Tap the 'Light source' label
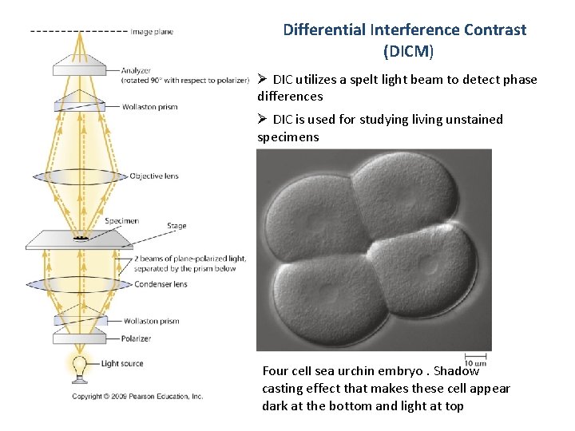122,364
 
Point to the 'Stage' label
176,226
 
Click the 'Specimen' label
121,221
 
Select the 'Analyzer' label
137,71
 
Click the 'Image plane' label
153,32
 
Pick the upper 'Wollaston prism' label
151,106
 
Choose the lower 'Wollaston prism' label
151,322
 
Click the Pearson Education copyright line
137,396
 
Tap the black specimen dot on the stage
80,238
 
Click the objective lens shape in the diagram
80,176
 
